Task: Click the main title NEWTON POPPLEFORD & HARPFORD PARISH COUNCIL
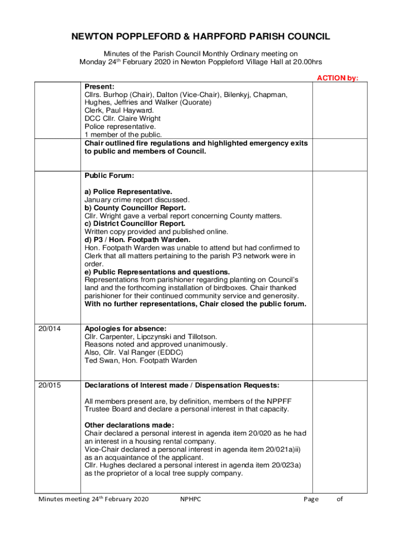coord(200,37)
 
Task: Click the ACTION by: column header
coord(338,78)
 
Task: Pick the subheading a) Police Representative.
coord(128,192)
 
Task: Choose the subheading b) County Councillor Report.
coord(135,208)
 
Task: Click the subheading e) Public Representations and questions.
coord(157,272)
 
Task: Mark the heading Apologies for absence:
coord(126,329)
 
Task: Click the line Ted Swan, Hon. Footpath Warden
coord(141,361)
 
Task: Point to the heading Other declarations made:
coord(129,424)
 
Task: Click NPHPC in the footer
coord(191,499)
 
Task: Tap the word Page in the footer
coord(311,499)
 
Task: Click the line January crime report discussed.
coord(137,200)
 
